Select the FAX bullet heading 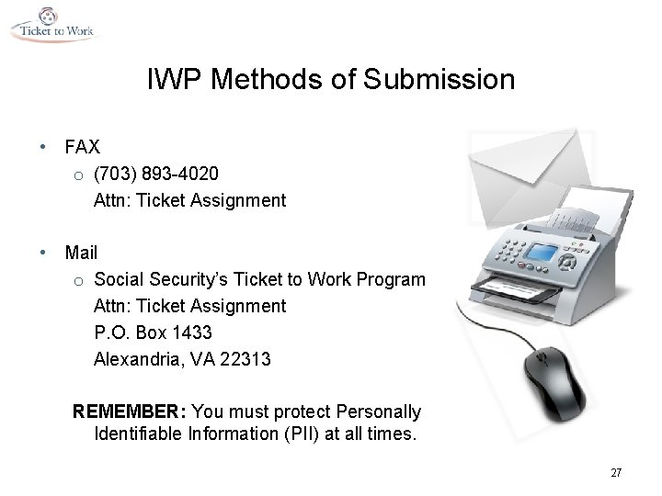coord(83,147)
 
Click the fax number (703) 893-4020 coord(156,174)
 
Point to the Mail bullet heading coord(81,252)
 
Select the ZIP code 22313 coord(247,359)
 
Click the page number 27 coord(615,473)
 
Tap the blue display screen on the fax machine coord(545,252)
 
